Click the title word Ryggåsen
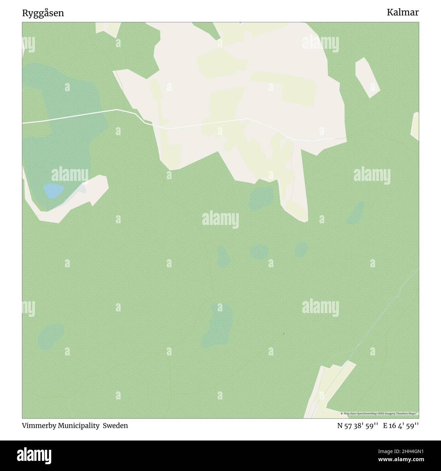43,13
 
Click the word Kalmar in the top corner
403,13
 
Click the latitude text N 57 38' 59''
358,426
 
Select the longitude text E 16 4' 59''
401,426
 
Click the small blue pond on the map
54,190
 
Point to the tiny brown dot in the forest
283,334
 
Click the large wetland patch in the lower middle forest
218,325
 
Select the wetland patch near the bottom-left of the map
51,335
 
